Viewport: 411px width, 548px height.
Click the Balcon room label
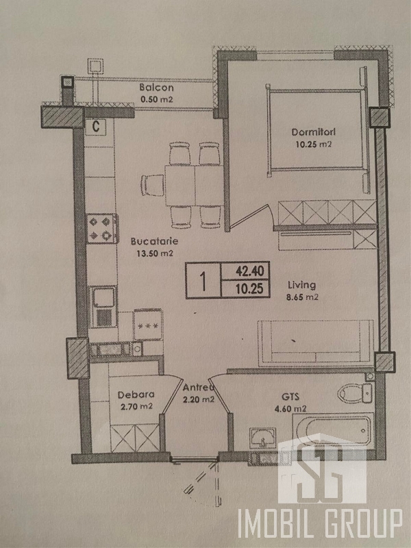click(x=157, y=88)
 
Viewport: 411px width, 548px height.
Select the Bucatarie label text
click(x=155, y=241)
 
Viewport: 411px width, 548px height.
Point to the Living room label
click(x=301, y=285)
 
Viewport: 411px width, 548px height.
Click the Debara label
click(x=136, y=395)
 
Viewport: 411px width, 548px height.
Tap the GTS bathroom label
click(x=290, y=397)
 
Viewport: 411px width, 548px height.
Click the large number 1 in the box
click(x=203, y=281)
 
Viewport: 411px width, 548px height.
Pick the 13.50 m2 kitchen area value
click(x=155, y=253)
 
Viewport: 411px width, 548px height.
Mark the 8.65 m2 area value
click(x=303, y=298)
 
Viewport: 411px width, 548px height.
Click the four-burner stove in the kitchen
click(x=102, y=229)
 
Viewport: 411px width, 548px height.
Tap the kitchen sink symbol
click(x=103, y=307)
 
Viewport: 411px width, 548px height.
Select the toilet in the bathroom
click(x=355, y=393)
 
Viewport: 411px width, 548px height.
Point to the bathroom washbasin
click(x=263, y=438)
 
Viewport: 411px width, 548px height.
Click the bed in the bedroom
click(x=316, y=129)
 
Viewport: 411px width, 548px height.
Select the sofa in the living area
click(x=316, y=343)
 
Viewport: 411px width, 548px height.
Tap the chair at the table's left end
click(x=152, y=185)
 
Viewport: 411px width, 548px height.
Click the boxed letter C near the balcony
click(x=95, y=126)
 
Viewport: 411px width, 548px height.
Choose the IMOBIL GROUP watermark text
click(x=320, y=523)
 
